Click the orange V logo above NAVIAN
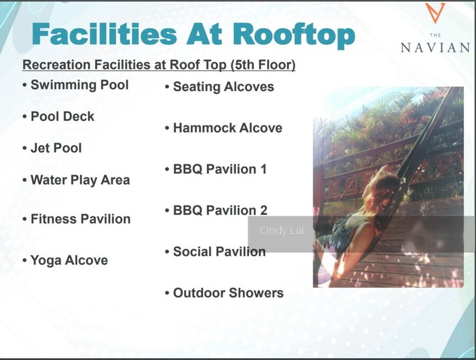coord(435,13)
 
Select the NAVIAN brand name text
coord(435,48)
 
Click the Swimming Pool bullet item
coord(80,85)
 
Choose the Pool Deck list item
coord(62,116)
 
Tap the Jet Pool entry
coord(56,148)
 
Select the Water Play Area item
coord(80,180)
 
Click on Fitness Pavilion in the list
coord(81,219)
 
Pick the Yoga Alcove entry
coord(69,260)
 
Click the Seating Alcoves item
coord(223,87)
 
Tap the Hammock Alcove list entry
coord(227,128)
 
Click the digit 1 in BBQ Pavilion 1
coord(263,169)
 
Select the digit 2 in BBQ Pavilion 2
coord(263,211)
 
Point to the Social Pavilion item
coord(219,251)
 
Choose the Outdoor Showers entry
coord(228,293)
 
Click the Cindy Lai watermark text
coord(282,231)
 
